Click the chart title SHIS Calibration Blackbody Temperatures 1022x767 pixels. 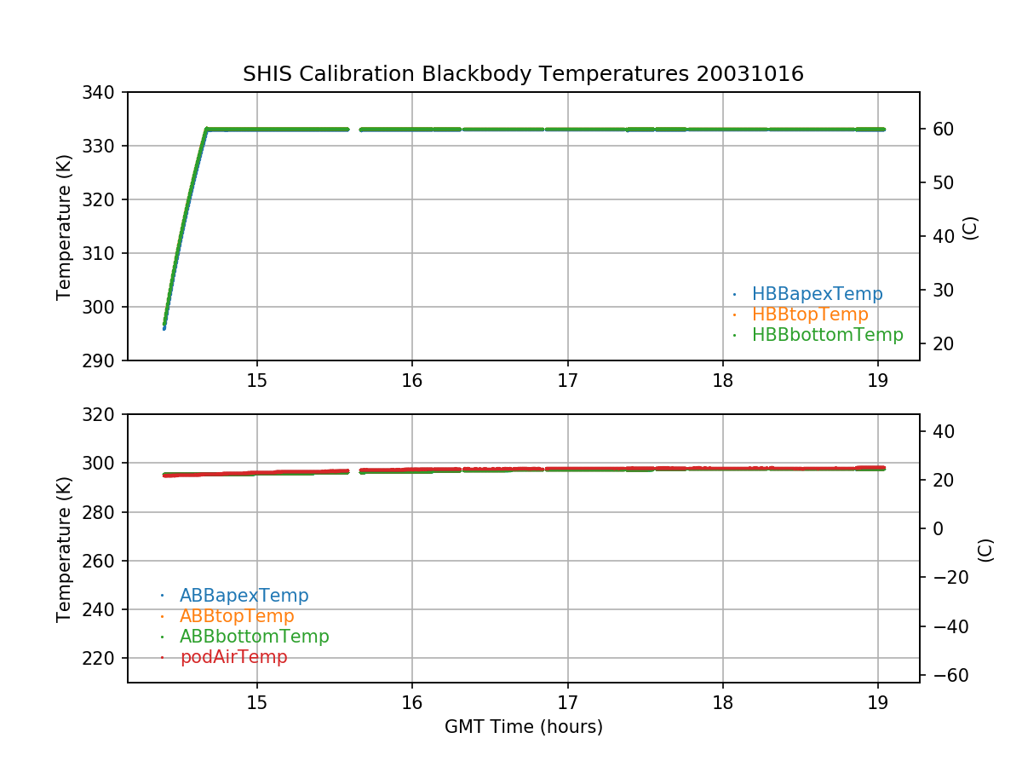click(x=464, y=74)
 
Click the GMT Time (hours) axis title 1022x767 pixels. click(x=524, y=727)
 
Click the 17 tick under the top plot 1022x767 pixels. click(x=567, y=381)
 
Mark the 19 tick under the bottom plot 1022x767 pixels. click(x=877, y=702)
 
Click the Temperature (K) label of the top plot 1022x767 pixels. click(x=64, y=227)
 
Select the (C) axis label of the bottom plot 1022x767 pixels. click(x=985, y=550)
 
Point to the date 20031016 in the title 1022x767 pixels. click(x=750, y=74)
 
